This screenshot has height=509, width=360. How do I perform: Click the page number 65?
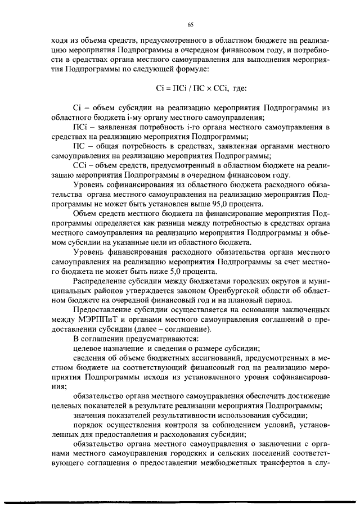[190, 24]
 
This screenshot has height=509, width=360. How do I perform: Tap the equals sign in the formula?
[161, 88]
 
